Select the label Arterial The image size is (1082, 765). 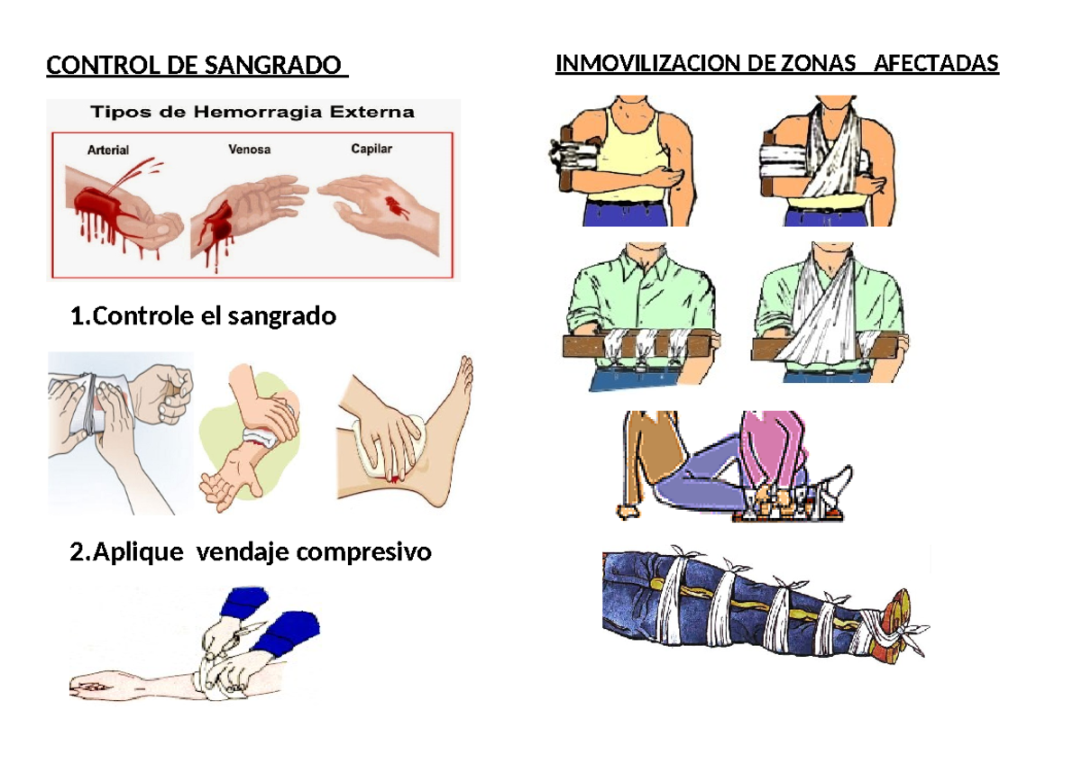(x=107, y=150)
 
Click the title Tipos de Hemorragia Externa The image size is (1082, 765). (x=251, y=113)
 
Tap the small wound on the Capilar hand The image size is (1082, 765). (x=395, y=206)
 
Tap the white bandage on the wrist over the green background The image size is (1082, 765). (x=263, y=436)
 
